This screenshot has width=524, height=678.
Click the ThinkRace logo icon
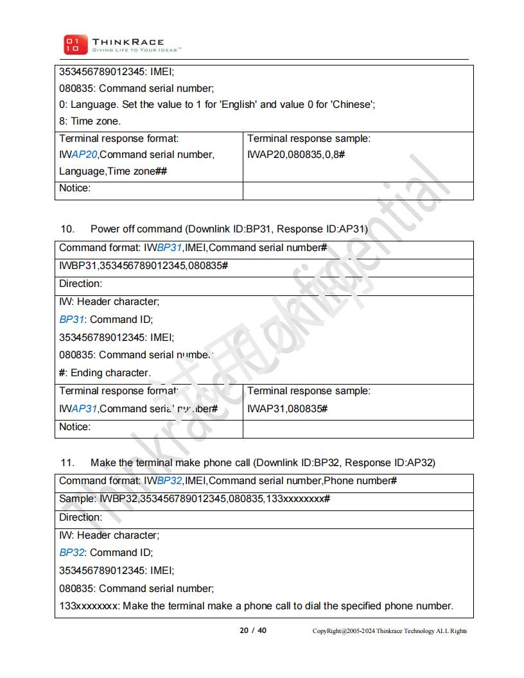[72, 44]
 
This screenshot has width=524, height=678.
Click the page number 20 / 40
[253, 630]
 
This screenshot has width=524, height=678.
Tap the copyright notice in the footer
[390, 631]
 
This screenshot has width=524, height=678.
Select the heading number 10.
[67, 229]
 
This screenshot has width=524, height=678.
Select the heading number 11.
[67, 463]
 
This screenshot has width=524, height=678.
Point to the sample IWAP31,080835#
[287, 409]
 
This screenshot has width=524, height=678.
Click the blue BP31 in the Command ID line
[72, 320]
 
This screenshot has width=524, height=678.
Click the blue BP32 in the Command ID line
[72, 553]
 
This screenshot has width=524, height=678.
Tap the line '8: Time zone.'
[90, 121]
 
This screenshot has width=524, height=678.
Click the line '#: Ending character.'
[105, 373]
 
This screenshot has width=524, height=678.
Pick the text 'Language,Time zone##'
[114, 171]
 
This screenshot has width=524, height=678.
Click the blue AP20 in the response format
[84, 155]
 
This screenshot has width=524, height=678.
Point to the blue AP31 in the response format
[84, 409]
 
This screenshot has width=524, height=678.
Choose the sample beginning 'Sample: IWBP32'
[195, 499]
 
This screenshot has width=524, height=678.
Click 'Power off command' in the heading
[136, 229]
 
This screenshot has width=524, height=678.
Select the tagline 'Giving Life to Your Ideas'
[137, 49]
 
